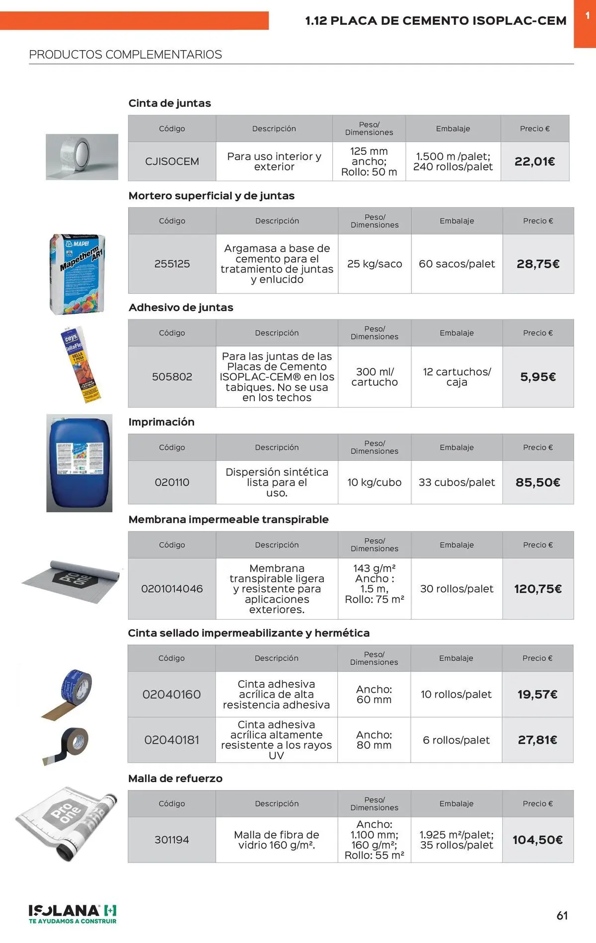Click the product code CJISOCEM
point(172,161)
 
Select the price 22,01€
point(534,161)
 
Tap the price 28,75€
point(538,264)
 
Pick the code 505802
point(172,377)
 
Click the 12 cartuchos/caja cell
point(456,377)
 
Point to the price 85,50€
point(538,482)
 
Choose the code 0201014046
point(172,589)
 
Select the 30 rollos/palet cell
point(456,589)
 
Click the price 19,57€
point(537,694)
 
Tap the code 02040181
point(171,740)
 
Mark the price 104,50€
point(537,840)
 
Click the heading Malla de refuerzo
point(175,778)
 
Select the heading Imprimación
point(161,422)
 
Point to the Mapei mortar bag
point(78,274)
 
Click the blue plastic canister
point(79,462)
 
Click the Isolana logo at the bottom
point(73,914)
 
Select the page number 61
point(562,915)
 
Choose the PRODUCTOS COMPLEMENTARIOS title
point(126,55)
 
